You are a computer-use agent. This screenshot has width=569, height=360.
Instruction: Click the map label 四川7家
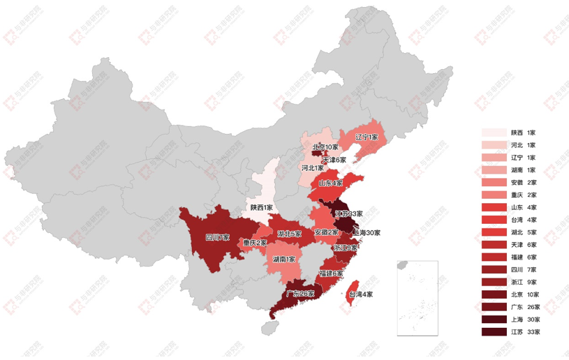pyautogui.click(x=217, y=237)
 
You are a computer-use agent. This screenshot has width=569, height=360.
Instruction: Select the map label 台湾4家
pyautogui.click(x=361, y=294)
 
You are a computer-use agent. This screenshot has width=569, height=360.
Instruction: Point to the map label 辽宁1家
pyautogui.click(x=366, y=137)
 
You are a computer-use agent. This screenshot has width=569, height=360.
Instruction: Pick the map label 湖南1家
pyautogui.click(x=283, y=259)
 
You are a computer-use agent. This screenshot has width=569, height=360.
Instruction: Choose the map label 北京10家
pyautogui.click(x=325, y=147)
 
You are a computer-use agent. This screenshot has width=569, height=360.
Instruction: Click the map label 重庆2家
pyautogui.click(x=255, y=243)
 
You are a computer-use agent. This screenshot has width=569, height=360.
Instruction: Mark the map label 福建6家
pyautogui.click(x=331, y=273)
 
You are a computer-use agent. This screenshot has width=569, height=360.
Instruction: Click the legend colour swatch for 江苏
pyautogui.click(x=494, y=331)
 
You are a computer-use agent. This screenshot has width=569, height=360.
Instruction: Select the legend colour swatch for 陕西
pyautogui.click(x=494, y=133)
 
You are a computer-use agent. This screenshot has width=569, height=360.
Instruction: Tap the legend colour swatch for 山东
pyautogui.click(x=494, y=207)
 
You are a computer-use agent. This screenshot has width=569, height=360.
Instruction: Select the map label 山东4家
pyautogui.click(x=330, y=183)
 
